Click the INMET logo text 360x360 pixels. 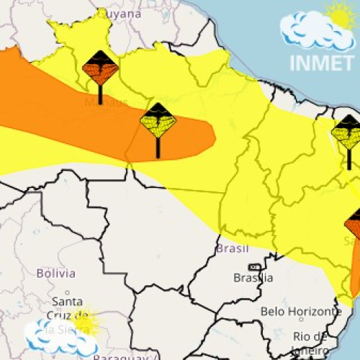321,62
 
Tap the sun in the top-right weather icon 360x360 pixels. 341,14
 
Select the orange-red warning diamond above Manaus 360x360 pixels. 100,68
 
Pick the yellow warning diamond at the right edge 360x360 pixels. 348,132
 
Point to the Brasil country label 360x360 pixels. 233,249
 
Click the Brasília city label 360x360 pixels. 253,278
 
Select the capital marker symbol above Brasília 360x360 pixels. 253,267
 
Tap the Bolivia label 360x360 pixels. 55,274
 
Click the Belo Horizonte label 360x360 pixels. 300,312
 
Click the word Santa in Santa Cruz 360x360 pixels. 67,301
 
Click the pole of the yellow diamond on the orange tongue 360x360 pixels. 158,147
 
